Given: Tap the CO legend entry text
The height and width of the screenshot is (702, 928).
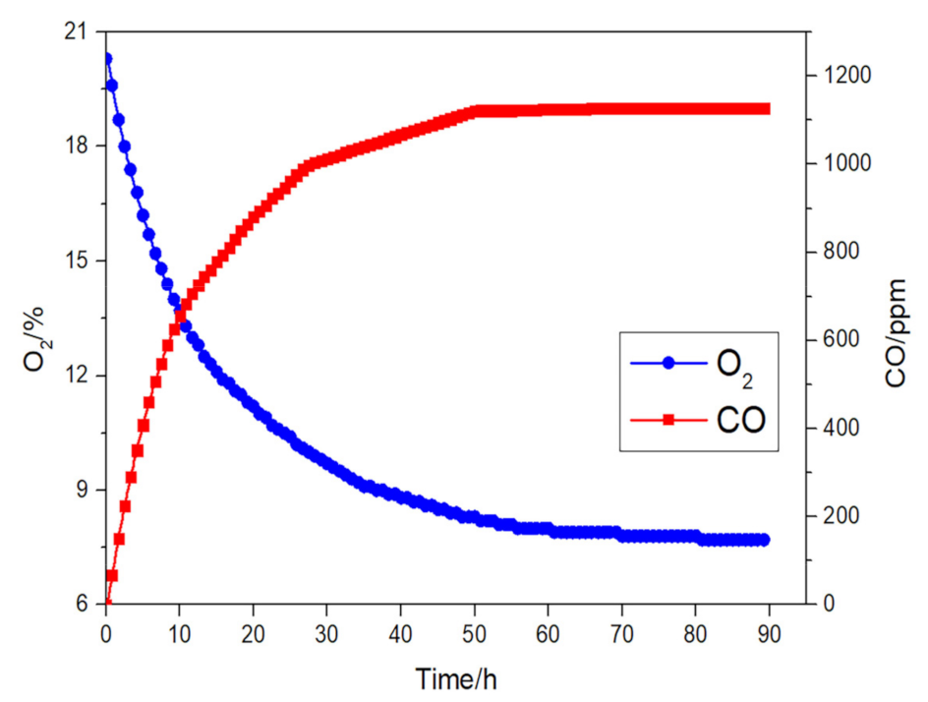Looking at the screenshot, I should point(740,420).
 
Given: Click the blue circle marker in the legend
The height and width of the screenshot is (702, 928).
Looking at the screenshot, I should point(668,363).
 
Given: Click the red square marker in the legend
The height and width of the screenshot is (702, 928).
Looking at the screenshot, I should point(668,420).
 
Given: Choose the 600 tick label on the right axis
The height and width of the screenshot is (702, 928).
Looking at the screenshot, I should point(835,340).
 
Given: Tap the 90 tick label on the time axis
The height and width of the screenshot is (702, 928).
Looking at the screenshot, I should point(769,632).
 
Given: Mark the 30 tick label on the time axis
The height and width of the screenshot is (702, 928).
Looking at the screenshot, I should point(326,632).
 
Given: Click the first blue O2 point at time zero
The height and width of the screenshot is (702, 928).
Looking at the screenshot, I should point(106,59).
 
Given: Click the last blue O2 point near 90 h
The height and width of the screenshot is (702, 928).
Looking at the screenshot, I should point(764,540).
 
